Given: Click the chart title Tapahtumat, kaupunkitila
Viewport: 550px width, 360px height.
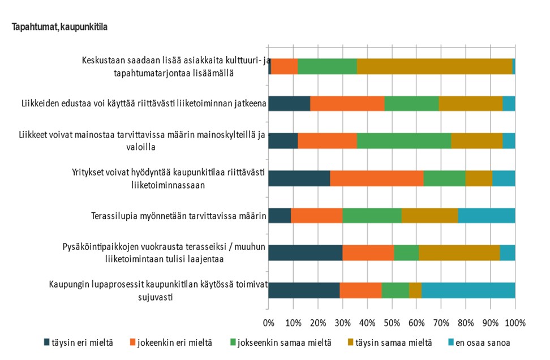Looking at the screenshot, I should coord(59,27).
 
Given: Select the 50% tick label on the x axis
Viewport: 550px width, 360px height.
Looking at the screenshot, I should coord(392,323).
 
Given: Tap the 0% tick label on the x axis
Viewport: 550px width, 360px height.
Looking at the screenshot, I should coord(269,323).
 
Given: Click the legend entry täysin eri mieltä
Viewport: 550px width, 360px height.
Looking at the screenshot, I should coord(83,342).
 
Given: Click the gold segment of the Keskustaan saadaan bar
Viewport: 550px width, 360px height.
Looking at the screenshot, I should coord(435,66).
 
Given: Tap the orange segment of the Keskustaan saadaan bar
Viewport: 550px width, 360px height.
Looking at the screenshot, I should coord(285,66).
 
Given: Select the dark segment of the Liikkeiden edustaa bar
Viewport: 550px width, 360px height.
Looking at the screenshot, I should coord(289,104).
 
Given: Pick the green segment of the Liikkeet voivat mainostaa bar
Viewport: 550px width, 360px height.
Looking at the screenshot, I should coord(404,141).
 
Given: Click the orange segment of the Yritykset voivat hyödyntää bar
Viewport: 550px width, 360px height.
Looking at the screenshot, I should coord(377,178).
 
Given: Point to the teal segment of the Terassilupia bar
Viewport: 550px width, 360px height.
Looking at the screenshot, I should coord(487,216).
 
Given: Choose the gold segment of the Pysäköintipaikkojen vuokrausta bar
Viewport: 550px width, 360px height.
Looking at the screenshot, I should coord(459,253).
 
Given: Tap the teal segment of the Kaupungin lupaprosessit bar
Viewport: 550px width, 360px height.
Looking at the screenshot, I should coord(469,290).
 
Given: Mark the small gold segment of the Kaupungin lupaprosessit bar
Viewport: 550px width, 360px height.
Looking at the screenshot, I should coord(415,290).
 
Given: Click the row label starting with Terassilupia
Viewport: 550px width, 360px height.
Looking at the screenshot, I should coord(179,216).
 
